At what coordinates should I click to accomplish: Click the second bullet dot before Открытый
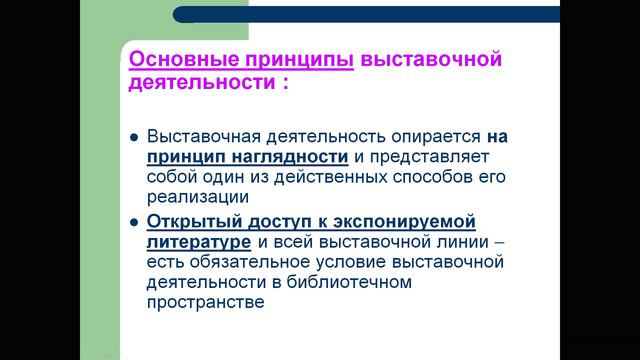(x=133, y=222)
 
